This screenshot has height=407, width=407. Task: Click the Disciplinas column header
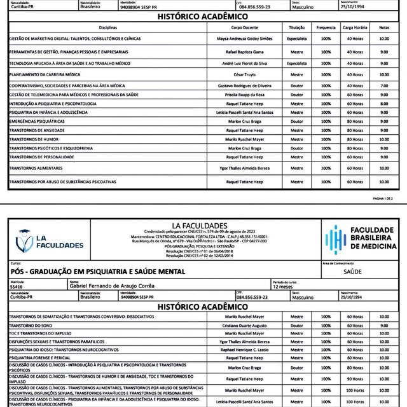pos(108,28)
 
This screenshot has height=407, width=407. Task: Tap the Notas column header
pos(383,28)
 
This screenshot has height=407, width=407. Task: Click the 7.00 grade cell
pos(383,85)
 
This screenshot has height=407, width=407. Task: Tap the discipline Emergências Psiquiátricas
pos(36,121)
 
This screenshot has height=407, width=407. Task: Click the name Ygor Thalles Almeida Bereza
pos(244,169)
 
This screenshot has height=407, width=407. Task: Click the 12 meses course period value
pos(284,287)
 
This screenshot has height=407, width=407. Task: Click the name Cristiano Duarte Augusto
pos(244,324)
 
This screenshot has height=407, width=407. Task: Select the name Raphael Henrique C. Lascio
pos(244,350)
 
